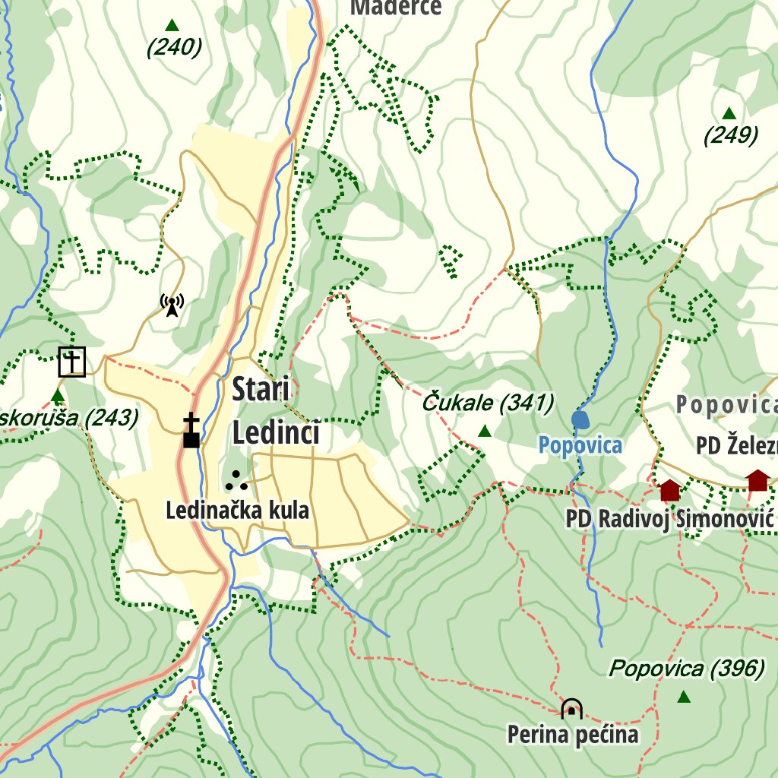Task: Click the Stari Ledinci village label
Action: pyautogui.click(x=275, y=411)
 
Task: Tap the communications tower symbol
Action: pyautogui.click(x=172, y=306)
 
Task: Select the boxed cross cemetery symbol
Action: pyautogui.click(x=72, y=362)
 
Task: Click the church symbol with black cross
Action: pyautogui.click(x=191, y=431)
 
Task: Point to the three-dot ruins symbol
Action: pyautogui.click(x=236, y=480)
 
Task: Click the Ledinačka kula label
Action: pyautogui.click(x=237, y=511)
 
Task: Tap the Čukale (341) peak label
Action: pyautogui.click(x=488, y=403)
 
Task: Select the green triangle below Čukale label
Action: pyautogui.click(x=485, y=432)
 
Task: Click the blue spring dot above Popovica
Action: pyautogui.click(x=580, y=419)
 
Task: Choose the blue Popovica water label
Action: pyautogui.click(x=580, y=445)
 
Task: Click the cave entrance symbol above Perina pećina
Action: pyautogui.click(x=571, y=709)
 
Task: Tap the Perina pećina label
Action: pyautogui.click(x=573, y=735)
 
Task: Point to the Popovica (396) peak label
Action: pyautogui.click(x=687, y=669)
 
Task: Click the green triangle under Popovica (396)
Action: pyautogui.click(x=684, y=697)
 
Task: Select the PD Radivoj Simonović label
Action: pyautogui.click(x=669, y=519)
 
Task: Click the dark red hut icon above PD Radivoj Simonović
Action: pyautogui.click(x=669, y=490)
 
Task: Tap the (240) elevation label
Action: pyautogui.click(x=174, y=48)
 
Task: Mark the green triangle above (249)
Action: pyautogui.click(x=729, y=113)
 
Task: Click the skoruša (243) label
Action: pyautogui.click(x=69, y=417)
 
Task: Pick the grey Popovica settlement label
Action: pyautogui.click(x=726, y=405)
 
